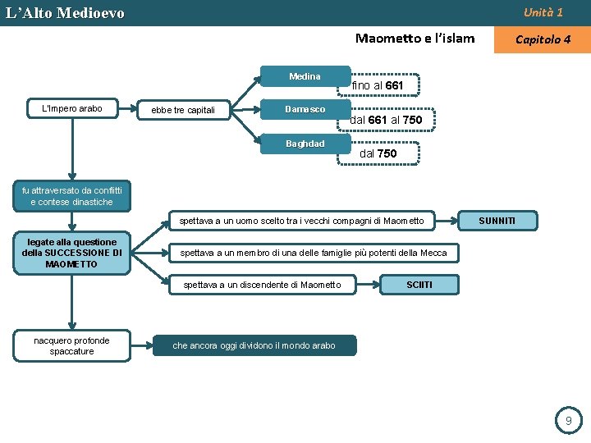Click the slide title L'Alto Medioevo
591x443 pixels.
[x=66, y=13]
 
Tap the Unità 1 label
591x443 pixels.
[x=543, y=12]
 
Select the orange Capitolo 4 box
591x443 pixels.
[x=542, y=39]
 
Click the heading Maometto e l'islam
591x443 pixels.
[x=415, y=38]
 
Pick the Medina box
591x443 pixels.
[x=305, y=76]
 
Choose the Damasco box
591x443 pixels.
[x=305, y=109]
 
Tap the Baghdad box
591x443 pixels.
[x=305, y=144]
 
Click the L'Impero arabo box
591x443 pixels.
[x=71, y=108]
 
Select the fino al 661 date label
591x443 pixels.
[x=378, y=85]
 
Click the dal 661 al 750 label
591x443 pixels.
[x=386, y=120]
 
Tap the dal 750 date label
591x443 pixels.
[x=378, y=153]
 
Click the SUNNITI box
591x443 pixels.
[x=497, y=221]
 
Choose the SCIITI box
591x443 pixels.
[x=419, y=285]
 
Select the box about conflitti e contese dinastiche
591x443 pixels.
[x=72, y=197]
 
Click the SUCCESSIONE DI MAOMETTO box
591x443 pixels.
[x=71, y=253]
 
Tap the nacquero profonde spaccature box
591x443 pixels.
[x=71, y=345]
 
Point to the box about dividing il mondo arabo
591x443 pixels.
[x=254, y=345]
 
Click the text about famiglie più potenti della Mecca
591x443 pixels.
[x=314, y=253]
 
